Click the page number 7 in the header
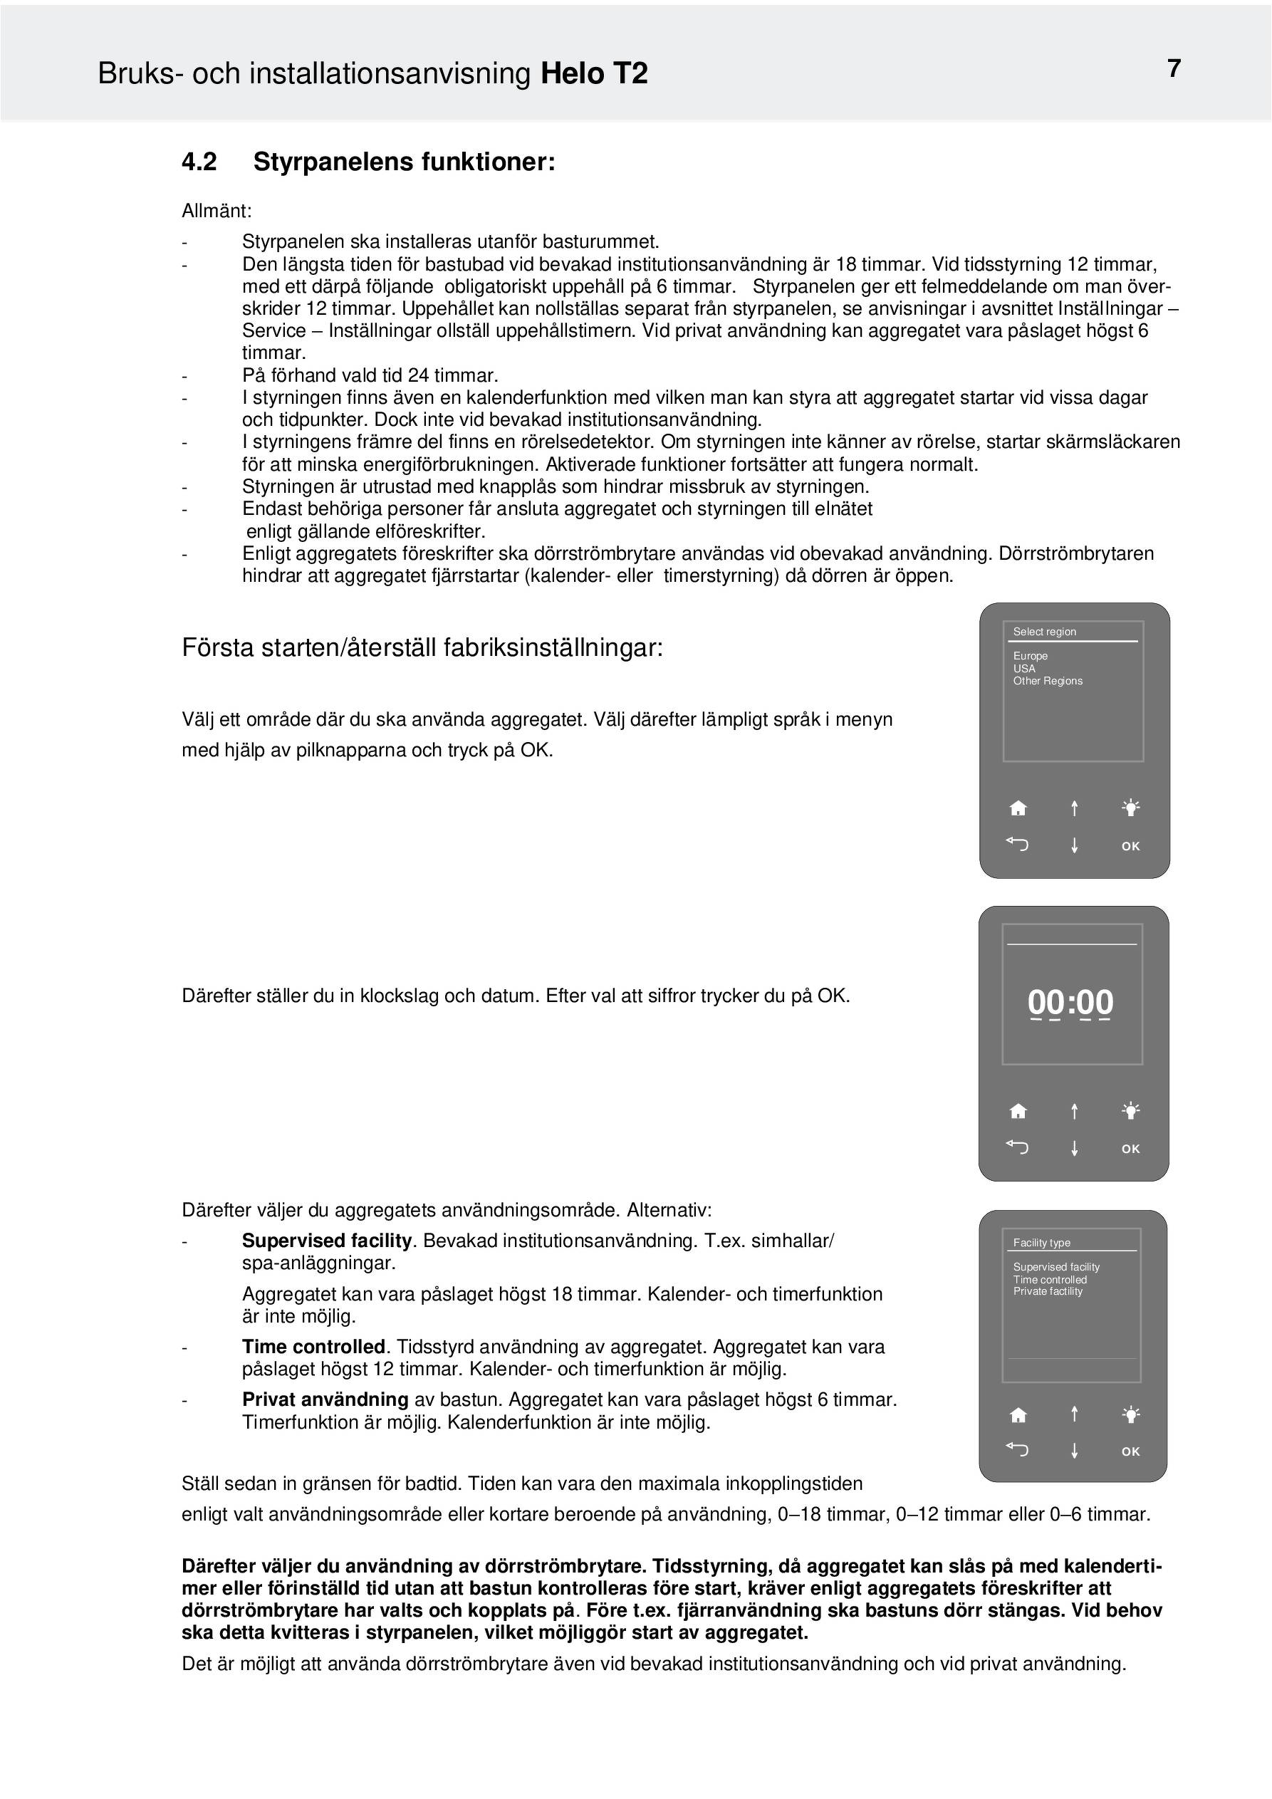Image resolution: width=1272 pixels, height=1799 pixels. click(x=1173, y=69)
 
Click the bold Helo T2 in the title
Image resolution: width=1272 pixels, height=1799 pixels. click(x=594, y=73)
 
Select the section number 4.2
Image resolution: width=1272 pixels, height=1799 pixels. click(x=199, y=162)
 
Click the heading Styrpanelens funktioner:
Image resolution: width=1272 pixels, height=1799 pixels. click(x=404, y=162)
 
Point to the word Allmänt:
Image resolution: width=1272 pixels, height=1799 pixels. click(x=217, y=211)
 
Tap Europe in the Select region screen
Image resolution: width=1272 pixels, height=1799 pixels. click(x=1030, y=656)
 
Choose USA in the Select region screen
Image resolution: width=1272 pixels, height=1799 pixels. click(x=1023, y=668)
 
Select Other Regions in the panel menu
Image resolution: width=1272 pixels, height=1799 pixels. click(x=1047, y=681)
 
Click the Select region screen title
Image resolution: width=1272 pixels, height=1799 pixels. click(x=1044, y=632)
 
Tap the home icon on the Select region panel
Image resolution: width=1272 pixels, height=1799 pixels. click(x=1018, y=808)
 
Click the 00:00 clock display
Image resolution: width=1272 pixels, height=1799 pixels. click(x=1070, y=1002)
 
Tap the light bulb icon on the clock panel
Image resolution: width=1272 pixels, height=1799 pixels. click(x=1130, y=1110)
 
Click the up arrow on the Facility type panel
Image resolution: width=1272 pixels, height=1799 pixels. click(x=1075, y=1414)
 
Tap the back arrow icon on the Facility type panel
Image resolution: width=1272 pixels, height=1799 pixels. click(x=1017, y=1449)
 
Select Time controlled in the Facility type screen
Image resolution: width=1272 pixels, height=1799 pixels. click(x=1049, y=1280)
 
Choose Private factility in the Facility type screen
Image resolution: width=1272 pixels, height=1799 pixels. click(x=1047, y=1291)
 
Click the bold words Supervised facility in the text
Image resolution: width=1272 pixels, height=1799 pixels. click(x=327, y=1241)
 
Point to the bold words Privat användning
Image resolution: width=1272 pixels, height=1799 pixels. click(x=325, y=1399)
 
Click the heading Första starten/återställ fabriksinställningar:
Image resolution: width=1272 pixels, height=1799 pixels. click(x=422, y=648)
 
